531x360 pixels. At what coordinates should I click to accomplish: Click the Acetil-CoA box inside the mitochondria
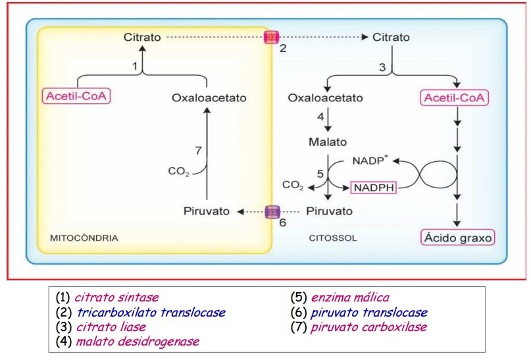[x=76, y=96]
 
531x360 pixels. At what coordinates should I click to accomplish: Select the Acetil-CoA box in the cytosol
[x=454, y=98]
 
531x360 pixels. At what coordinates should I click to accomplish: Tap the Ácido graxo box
[x=457, y=238]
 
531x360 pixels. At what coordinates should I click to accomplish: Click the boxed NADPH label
[x=374, y=188]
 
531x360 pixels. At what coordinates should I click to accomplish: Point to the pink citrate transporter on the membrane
[x=271, y=37]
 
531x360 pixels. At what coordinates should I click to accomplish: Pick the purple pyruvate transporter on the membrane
[x=272, y=212]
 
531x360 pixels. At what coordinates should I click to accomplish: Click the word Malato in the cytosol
[x=328, y=141]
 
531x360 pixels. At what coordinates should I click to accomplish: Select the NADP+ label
[x=370, y=160]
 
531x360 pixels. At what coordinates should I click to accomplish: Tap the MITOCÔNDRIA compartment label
[x=84, y=238]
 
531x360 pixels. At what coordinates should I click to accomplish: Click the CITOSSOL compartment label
[x=333, y=238]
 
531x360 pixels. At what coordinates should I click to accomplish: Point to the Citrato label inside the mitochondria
[x=142, y=37]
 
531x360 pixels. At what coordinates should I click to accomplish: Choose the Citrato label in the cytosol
[x=391, y=37]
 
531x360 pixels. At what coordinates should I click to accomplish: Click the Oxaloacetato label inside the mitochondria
[x=209, y=98]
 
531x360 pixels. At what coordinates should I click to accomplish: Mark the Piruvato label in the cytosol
[x=329, y=211]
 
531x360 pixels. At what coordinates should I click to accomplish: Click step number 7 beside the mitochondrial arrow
[x=199, y=150]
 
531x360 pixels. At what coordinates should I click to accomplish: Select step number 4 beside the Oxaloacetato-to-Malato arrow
[x=320, y=117]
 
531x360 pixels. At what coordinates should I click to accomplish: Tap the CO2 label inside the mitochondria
[x=178, y=171]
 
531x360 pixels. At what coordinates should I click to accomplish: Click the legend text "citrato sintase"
[x=116, y=297]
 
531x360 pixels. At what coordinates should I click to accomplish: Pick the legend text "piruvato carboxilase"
[x=368, y=327]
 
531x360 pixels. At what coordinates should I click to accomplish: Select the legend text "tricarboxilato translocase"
[x=151, y=312]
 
